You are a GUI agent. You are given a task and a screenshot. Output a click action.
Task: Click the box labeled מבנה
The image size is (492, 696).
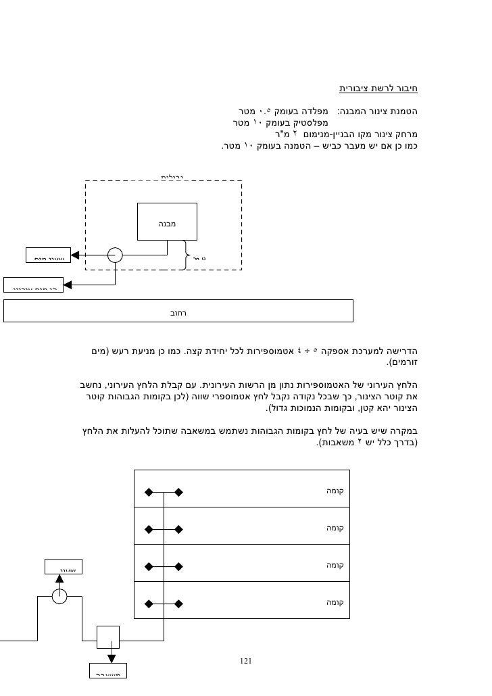click(x=167, y=221)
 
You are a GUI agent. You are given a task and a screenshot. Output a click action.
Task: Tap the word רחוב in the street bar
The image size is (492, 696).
click(x=178, y=313)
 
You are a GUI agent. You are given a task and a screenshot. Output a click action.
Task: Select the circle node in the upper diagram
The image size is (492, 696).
click(x=115, y=255)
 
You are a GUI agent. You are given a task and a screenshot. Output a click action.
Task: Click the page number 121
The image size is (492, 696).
click(x=246, y=660)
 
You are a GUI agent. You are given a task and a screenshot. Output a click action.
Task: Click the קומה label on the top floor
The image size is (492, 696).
click(x=336, y=491)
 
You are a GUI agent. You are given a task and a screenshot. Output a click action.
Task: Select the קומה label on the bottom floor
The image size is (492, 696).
click(x=336, y=601)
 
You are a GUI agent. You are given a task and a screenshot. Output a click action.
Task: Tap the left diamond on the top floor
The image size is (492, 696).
click(x=147, y=492)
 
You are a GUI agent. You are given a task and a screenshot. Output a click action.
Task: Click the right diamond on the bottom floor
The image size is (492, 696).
click(x=178, y=601)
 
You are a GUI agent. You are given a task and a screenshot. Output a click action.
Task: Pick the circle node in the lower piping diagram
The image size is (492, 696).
click(x=59, y=595)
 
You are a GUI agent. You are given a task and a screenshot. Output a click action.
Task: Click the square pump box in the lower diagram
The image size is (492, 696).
click(x=107, y=637)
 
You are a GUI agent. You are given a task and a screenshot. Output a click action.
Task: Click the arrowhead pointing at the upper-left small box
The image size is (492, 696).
click(x=75, y=255)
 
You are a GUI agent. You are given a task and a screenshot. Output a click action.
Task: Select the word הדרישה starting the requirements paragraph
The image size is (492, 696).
click(x=403, y=351)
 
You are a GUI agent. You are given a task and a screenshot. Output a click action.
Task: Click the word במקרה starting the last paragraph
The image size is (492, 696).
click(x=403, y=432)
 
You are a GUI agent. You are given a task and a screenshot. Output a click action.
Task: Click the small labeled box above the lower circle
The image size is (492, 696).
click(x=63, y=568)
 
